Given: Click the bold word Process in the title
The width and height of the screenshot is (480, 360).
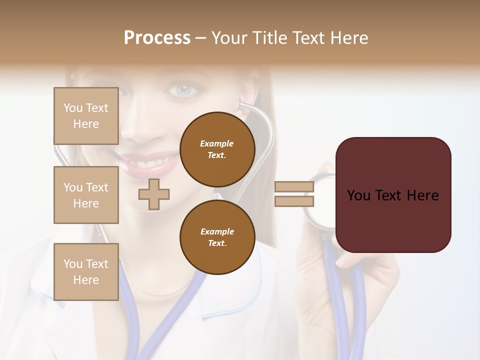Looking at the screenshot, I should coord(157,37).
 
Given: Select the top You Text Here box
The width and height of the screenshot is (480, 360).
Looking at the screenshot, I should coord(86,116).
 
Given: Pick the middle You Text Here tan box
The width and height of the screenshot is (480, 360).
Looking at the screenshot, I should coord(86,195).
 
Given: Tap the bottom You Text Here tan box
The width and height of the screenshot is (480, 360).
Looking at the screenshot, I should coord(86,271).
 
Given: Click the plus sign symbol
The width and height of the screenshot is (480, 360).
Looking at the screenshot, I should coord(154,194).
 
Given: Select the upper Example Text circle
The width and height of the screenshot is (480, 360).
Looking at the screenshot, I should coord(217,149).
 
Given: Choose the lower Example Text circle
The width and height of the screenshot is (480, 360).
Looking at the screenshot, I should coord(217,237).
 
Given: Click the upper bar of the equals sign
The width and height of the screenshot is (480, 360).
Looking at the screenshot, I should coord(294,187).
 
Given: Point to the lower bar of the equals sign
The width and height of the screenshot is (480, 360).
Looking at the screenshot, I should coord(294,201).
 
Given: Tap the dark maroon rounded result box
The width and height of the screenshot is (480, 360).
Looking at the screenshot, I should coord(393,195).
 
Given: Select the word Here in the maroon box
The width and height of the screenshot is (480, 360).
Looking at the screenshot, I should coord(422,195).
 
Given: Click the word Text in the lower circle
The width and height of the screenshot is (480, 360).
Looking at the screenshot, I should coord(217,243).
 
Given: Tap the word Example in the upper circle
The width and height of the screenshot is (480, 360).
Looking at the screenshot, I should coord(217,143).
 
